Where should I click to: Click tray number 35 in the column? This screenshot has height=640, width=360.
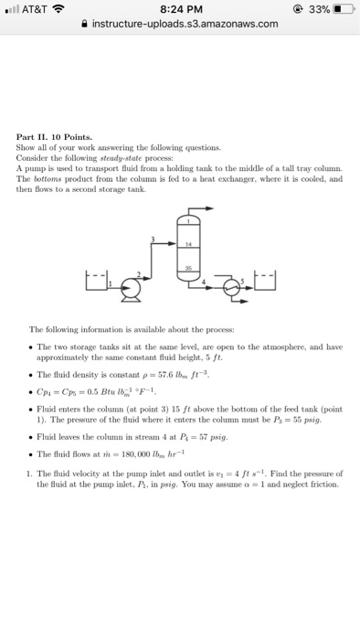click(x=188, y=268)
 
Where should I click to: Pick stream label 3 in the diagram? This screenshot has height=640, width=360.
click(x=154, y=240)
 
